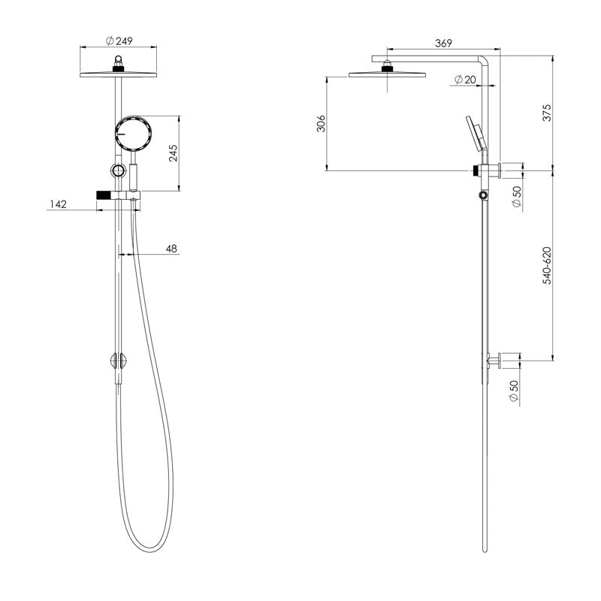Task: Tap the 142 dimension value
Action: (x=59, y=204)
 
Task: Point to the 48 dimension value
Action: (x=171, y=248)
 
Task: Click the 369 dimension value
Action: (x=434, y=44)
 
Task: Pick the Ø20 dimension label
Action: (x=467, y=79)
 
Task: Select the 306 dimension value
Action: (x=320, y=123)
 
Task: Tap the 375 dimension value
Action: (x=547, y=113)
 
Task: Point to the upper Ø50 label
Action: (x=515, y=194)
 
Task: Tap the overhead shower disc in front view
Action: (x=119, y=73)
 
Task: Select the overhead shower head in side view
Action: (x=387, y=74)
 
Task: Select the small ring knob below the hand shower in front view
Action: (x=118, y=171)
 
